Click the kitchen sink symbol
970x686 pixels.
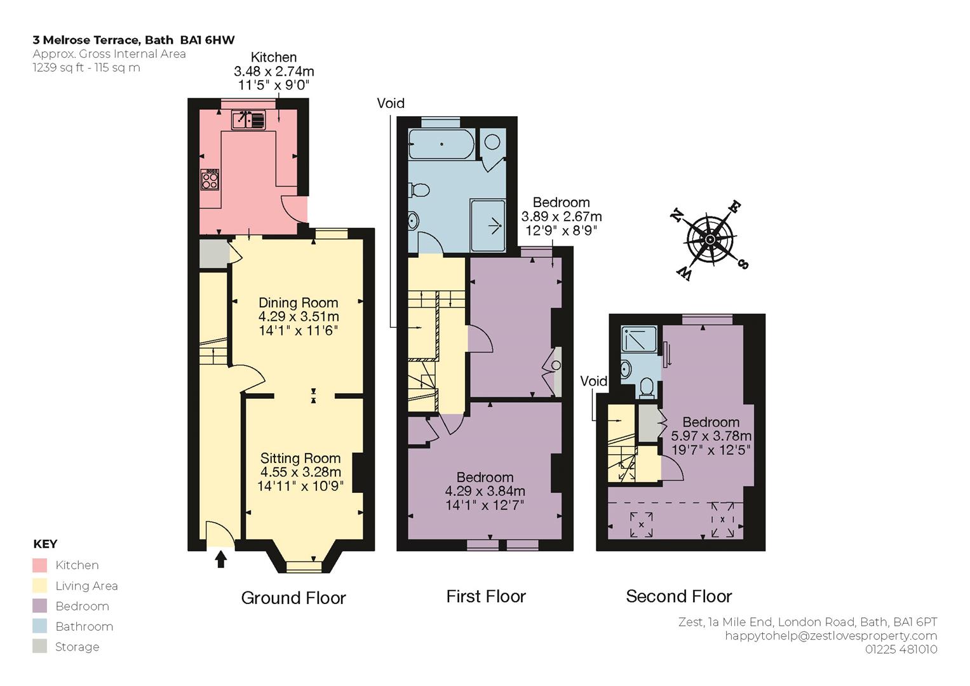click(x=248, y=120)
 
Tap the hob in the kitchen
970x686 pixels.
click(x=210, y=179)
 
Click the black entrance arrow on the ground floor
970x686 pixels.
click(x=221, y=558)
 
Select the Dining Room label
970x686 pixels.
click(x=299, y=303)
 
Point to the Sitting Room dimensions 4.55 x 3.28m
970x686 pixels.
click(x=300, y=472)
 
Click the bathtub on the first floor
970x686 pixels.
click(x=441, y=144)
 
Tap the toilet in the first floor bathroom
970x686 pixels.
click(x=419, y=190)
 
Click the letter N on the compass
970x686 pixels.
click(x=677, y=215)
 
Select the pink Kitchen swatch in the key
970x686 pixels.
click(x=40, y=565)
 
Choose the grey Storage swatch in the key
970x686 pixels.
click(x=40, y=646)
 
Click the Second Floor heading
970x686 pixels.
click(x=678, y=596)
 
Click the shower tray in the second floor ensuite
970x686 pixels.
click(x=639, y=339)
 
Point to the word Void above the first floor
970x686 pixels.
click(x=391, y=103)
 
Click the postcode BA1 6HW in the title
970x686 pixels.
click(x=208, y=40)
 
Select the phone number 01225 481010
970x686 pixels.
click(x=901, y=650)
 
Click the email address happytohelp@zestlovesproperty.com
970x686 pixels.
click(x=831, y=636)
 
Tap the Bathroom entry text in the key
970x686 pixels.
click(x=84, y=626)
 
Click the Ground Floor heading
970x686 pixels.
click(x=293, y=598)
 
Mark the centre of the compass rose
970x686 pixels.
click(x=710, y=239)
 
